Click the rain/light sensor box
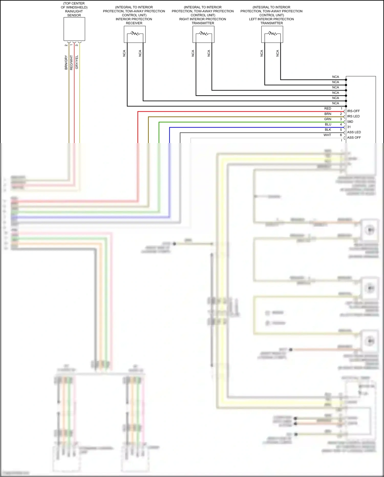coord(74,29)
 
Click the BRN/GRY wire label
coord(66,62)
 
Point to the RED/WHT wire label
coord(71,62)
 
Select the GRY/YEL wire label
coord(77,62)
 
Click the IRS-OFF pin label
coord(353,111)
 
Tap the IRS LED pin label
coord(353,116)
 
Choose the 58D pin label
coord(350,122)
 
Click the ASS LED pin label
coord(354,132)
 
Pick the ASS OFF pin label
coord(354,138)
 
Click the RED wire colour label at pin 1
coord(328,109)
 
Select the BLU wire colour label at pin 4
coord(328,125)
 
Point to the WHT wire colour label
coord(327,135)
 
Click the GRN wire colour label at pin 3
coord(328,119)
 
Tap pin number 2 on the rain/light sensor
coord(66,45)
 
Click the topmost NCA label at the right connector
coord(335,77)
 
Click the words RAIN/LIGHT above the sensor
coord(74,11)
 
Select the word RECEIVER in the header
coord(134,23)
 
